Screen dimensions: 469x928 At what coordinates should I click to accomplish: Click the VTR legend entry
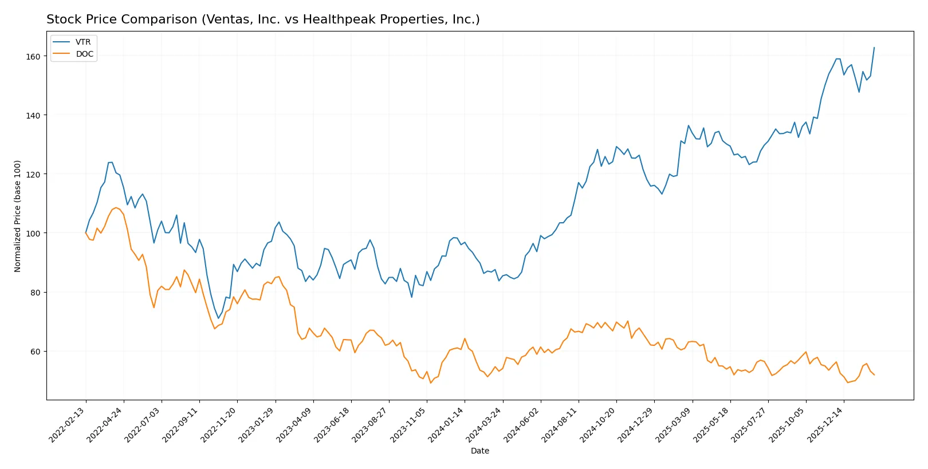(x=83, y=42)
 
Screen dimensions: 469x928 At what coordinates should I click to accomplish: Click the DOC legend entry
(x=84, y=54)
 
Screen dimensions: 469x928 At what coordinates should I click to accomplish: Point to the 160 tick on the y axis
(x=33, y=56)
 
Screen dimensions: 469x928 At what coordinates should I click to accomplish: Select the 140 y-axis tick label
(x=33, y=115)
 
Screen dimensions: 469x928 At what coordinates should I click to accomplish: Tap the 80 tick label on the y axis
(x=35, y=292)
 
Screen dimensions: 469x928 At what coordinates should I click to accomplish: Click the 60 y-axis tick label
(x=35, y=351)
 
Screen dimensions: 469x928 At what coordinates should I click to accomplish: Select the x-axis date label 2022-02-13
(x=67, y=425)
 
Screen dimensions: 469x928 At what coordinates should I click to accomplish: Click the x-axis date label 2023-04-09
(x=294, y=425)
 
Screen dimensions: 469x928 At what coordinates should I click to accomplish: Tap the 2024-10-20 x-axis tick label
(x=597, y=425)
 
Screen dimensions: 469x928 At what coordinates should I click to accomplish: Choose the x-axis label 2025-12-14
(x=825, y=425)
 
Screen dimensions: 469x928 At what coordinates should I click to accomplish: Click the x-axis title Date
(x=479, y=451)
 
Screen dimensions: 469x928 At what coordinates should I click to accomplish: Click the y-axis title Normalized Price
(x=18, y=216)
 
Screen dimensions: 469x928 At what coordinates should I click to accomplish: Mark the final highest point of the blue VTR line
(x=874, y=48)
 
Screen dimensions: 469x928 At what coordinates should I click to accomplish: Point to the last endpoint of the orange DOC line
(x=874, y=375)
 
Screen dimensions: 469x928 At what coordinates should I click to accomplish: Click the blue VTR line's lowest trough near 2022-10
(x=218, y=318)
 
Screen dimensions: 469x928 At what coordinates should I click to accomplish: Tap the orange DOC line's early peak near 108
(x=116, y=207)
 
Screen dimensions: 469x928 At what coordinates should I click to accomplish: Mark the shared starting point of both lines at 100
(x=86, y=232)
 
